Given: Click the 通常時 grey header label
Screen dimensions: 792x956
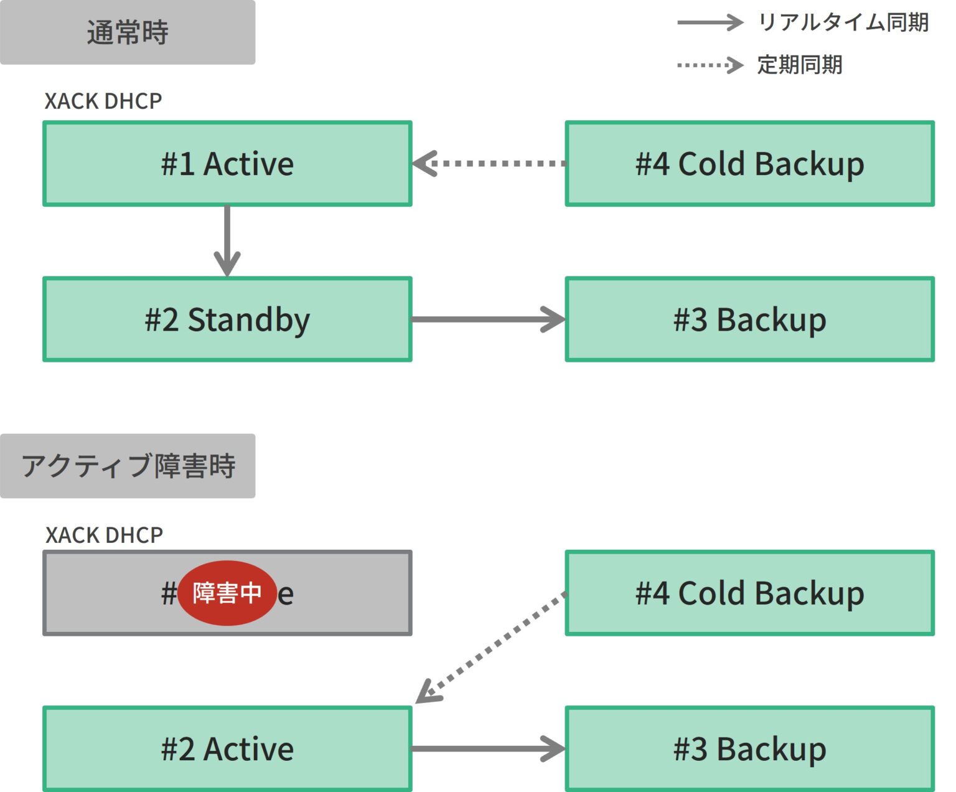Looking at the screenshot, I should (x=127, y=32).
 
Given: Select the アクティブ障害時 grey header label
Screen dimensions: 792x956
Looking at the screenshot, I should (x=127, y=466).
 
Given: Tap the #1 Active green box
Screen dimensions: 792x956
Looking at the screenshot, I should (x=227, y=164).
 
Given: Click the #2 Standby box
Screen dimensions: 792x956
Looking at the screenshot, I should (x=227, y=319).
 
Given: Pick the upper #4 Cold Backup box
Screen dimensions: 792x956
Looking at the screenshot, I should (x=749, y=164).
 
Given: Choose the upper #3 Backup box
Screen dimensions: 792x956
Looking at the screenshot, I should (x=749, y=319).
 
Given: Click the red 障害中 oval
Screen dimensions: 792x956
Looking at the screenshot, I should (x=227, y=593).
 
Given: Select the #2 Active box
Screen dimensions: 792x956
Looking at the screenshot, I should (x=227, y=748).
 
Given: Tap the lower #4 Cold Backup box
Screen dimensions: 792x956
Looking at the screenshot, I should (x=749, y=593).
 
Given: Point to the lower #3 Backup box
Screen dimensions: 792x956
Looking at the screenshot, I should (x=749, y=748).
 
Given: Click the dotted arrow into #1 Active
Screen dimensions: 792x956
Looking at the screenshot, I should (x=489, y=164).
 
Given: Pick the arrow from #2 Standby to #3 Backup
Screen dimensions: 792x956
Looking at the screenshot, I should (x=489, y=319).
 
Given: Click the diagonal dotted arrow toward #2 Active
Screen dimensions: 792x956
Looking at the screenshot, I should (x=492, y=648).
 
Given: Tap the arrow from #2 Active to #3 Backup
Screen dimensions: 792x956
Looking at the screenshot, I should (x=489, y=748).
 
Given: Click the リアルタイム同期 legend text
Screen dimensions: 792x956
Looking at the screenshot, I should (x=843, y=23).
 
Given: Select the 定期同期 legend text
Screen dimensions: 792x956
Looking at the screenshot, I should (x=799, y=65).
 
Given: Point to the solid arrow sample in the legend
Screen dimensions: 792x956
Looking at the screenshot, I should (x=710, y=23).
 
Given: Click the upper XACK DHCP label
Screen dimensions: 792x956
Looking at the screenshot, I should (x=103, y=101).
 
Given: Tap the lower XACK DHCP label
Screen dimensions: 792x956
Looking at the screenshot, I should (x=104, y=535).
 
